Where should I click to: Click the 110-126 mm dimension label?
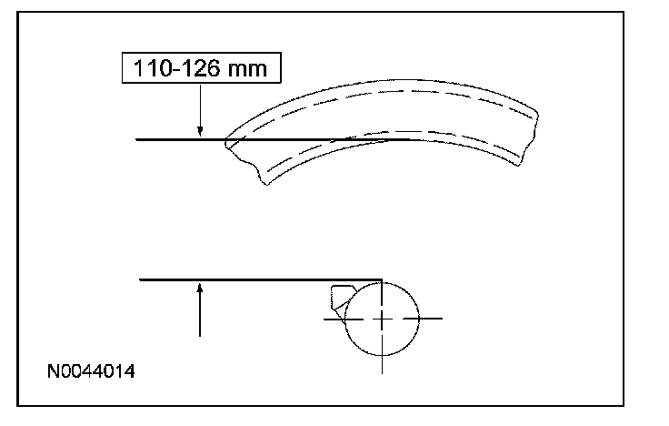point(201,68)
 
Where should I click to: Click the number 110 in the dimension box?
point(153,68)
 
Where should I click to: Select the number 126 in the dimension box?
point(201,68)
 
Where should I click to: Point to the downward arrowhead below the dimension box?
point(200,131)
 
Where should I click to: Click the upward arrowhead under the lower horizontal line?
point(200,289)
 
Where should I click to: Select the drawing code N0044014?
point(91,371)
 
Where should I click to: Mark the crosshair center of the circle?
point(382,319)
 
